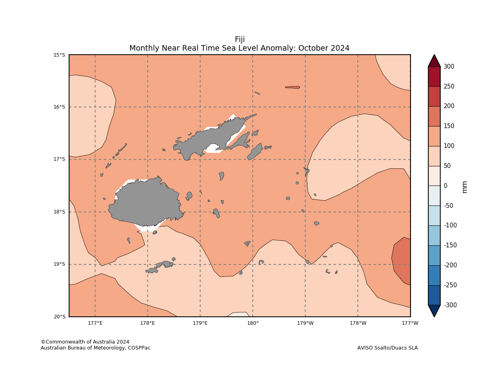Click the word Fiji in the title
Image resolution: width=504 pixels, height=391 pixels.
pyautogui.click(x=240, y=39)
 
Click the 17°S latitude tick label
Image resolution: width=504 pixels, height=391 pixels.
pyautogui.click(x=59, y=159)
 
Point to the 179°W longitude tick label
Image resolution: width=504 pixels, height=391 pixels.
pyautogui.click(x=305, y=323)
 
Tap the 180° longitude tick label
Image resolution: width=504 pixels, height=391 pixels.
pyautogui.click(x=252, y=323)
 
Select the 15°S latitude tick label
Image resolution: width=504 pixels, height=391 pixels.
pyautogui.click(x=59, y=55)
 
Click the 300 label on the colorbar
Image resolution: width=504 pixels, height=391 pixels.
pyautogui.click(x=448, y=67)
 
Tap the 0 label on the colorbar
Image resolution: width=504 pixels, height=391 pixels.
pyautogui.click(x=445, y=186)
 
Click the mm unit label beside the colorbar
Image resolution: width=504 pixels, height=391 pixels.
pyautogui.click(x=464, y=187)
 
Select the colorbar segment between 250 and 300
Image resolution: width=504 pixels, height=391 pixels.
pyautogui.click(x=434, y=77)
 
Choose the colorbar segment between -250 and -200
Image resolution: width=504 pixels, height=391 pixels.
pyautogui.click(x=434, y=275)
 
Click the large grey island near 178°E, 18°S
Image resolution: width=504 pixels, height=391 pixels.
pyautogui.click(x=146, y=203)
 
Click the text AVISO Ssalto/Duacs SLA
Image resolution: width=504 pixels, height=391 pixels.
pyautogui.click(x=387, y=348)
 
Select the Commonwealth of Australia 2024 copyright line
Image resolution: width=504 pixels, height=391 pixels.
pyautogui.click(x=85, y=342)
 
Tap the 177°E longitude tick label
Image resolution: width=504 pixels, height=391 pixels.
pyautogui.click(x=95, y=323)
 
